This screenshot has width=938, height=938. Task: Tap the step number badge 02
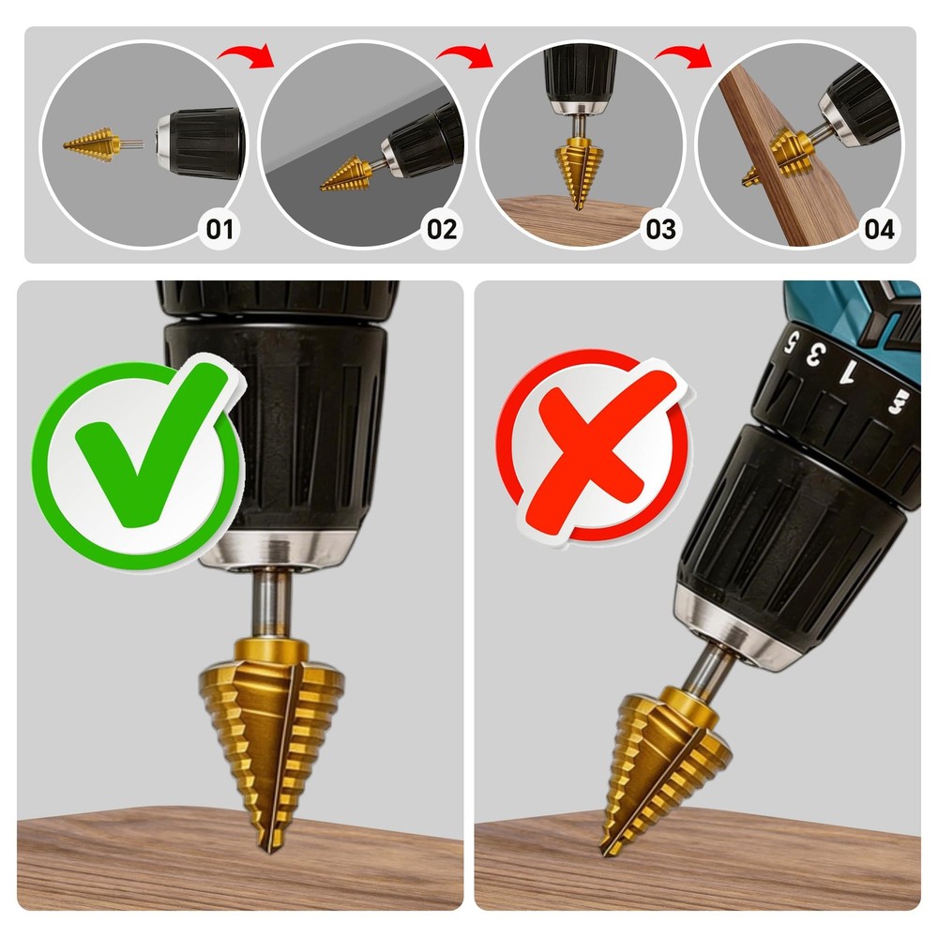click(x=441, y=228)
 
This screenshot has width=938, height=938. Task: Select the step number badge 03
click(x=660, y=228)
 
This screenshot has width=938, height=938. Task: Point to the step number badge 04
click(x=879, y=228)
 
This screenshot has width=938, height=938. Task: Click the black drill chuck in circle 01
click(x=202, y=144)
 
